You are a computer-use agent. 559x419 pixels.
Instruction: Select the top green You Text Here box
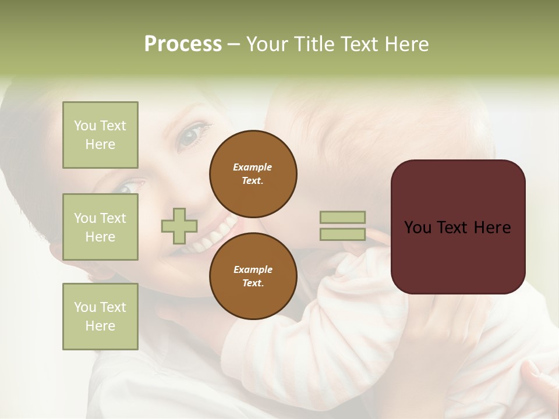(x=100, y=135)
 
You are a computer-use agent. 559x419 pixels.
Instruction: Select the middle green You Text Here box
(x=100, y=227)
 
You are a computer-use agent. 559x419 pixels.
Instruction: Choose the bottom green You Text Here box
(x=100, y=317)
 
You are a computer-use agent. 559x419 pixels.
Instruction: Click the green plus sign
(x=179, y=226)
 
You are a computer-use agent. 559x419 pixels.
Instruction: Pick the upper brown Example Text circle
(x=253, y=174)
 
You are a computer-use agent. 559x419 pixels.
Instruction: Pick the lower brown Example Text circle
(x=253, y=276)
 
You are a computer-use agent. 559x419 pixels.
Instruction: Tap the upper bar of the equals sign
(x=343, y=217)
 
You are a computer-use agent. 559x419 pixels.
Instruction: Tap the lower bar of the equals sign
(x=343, y=234)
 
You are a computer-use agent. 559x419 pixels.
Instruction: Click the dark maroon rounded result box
(x=458, y=227)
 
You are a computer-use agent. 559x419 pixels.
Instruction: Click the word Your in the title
(x=267, y=45)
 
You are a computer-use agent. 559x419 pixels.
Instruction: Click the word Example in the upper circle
(x=253, y=167)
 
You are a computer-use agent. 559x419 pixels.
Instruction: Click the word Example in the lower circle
(x=253, y=269)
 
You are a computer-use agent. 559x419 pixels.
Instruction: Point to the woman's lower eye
(x=127, y=187)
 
